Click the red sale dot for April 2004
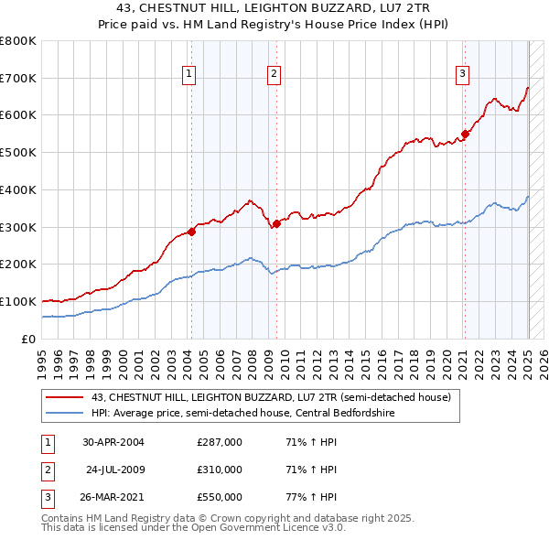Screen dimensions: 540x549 click(191, 232)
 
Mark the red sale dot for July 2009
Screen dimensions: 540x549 click(276, 223)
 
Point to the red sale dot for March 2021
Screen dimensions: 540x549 click(465, 134)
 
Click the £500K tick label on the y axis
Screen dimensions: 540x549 click(18, 152)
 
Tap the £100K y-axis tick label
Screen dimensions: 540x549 click(18, 301)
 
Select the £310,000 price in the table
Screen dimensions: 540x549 click(220, 470)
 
